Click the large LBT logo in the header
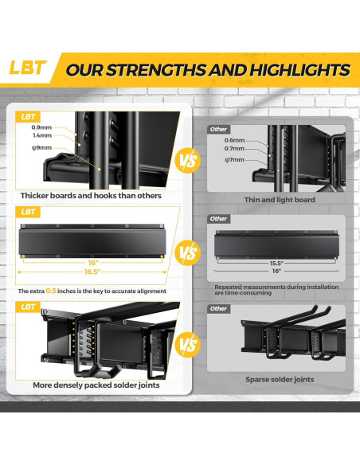pyautogui.click(x=28, y=68)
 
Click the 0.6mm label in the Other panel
pyautogui.click(x=234, y=140)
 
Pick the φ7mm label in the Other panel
pyautogui.click(x=234, y=159)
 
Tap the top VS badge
pyautogui.click(x=189, y=161)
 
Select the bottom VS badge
pyautogui.click(x=189, y=346)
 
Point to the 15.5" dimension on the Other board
pyautogui.click(x=276, y=262)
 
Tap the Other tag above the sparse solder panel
pyautogui.click(x=218, y=309)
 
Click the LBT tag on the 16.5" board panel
pyautogui.click(x=28, y=212)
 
